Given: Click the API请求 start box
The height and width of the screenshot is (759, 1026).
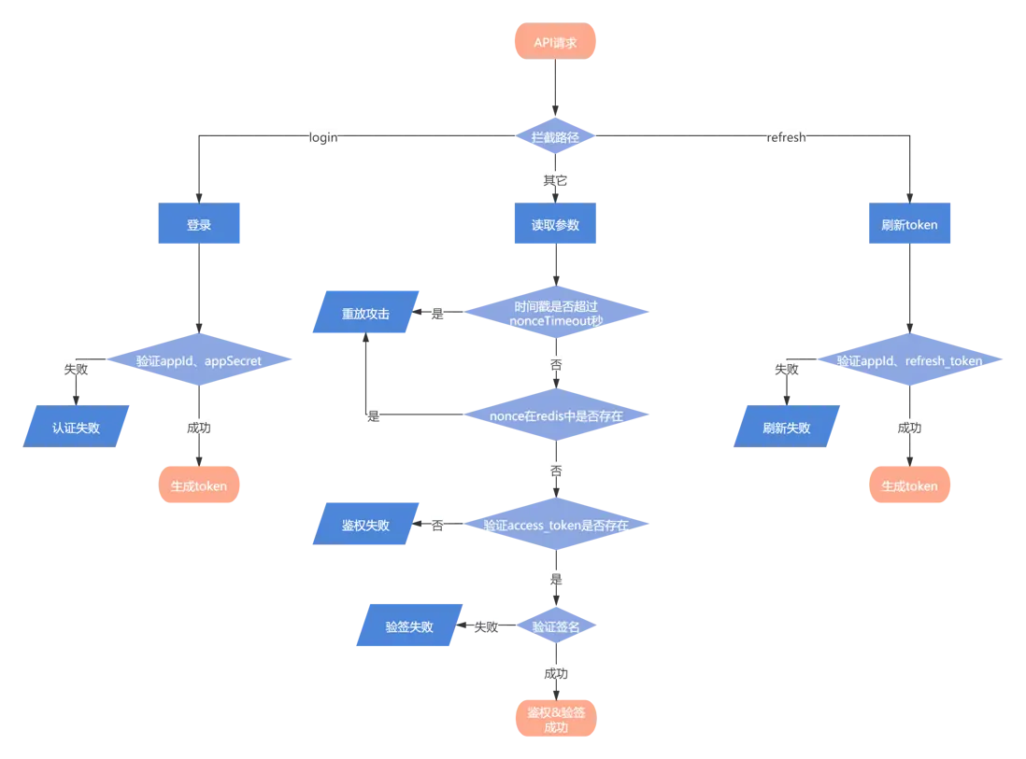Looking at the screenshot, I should pyautogui.click(x=555, y=42).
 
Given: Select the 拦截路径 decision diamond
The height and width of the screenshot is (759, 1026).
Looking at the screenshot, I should pyautogui.click(x=555, y=137).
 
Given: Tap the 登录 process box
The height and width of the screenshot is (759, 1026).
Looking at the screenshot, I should pyautogui.click(x=199, y=225).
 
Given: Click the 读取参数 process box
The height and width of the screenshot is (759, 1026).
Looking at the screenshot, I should pyautogui.click(x=555, y=225).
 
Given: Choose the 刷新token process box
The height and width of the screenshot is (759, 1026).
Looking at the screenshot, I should pyautogui.click(x=909, y=225).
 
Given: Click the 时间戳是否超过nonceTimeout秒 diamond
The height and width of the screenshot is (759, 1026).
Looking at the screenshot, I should pyautogui.click(x=555, y=314).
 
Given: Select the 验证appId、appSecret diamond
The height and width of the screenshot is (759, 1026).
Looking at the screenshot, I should pyautogui.click(x=199, y=359).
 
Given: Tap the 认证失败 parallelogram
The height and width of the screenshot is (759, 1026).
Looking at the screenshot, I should pyautogui.click(x=75, y=428).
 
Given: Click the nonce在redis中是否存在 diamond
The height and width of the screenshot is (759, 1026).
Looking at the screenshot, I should pyautogui.click(x=555, y=415).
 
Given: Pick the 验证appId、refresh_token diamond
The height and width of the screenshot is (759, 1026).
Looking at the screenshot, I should pyautogui.click(x=909, y=360).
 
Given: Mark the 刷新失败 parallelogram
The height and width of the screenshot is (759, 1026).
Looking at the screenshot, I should pyautogui.click(x=786, y=428).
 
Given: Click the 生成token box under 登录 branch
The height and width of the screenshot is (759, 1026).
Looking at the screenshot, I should pyautogui.click(x=199, y=485).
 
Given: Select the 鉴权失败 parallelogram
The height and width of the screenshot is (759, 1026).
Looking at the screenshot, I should pyautogui.click(x=364, y=526).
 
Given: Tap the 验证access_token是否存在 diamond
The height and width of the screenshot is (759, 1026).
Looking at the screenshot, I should pyautogui.click(x=555, y=526).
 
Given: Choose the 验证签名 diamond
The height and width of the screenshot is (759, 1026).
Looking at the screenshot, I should pyautogui.click(x=555, y=626).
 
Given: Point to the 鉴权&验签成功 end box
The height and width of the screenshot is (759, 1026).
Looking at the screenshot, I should pyautogui.click(x=555, y=719).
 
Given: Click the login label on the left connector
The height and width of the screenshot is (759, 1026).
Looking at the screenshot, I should pyautogui.click(x=324, y=137).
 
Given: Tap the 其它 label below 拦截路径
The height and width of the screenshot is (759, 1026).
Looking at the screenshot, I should pyautogui.click(x=555, y=179).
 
